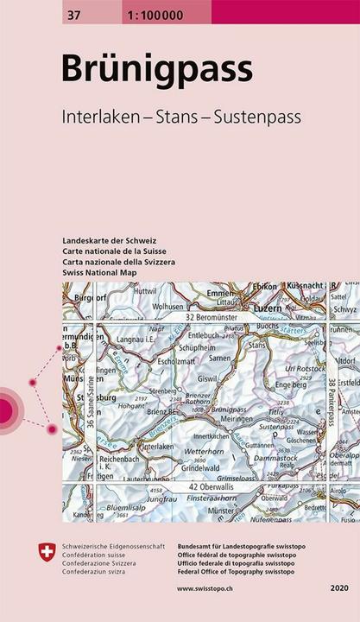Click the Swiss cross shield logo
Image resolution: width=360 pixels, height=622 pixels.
pos(47,552)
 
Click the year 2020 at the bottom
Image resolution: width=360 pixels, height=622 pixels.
pos(338,588)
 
